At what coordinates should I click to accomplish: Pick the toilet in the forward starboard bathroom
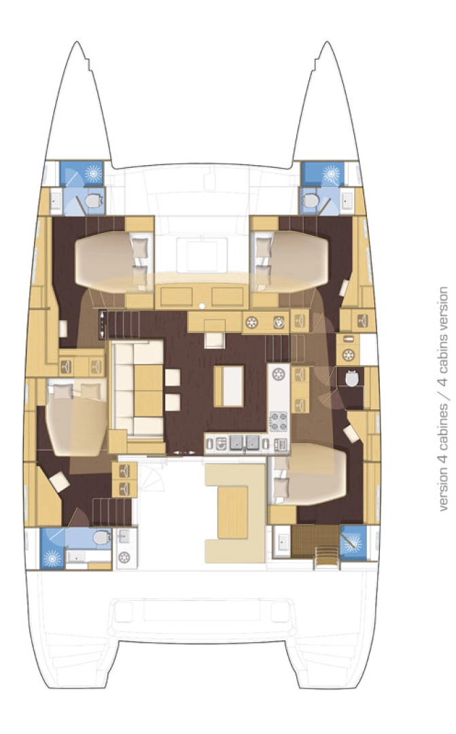pos(311,200)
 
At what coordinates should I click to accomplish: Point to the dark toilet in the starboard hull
pos(352,378)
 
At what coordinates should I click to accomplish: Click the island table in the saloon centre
pos(228,385)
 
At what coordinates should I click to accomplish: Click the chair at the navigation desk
pos(215,339)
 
